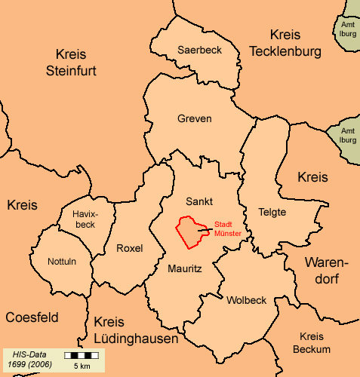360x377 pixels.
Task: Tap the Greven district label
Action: (x=194, y=118)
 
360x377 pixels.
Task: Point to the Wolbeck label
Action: (x=246, y=300)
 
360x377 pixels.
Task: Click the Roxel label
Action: (x=130, y=248)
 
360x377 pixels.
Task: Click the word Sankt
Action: (x=199, y=201)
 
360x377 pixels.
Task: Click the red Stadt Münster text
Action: (x=228, y=229)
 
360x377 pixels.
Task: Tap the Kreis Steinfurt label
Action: (x=81, y=63)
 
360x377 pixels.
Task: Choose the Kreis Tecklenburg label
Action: (x=285, y=43)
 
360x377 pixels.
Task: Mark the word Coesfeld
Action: (x=32, y=317)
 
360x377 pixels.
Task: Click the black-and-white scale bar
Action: (x=82, y=354)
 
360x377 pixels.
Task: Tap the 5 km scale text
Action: (x=82, y=366)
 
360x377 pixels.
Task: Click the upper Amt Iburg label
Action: (x=347, y=29)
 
